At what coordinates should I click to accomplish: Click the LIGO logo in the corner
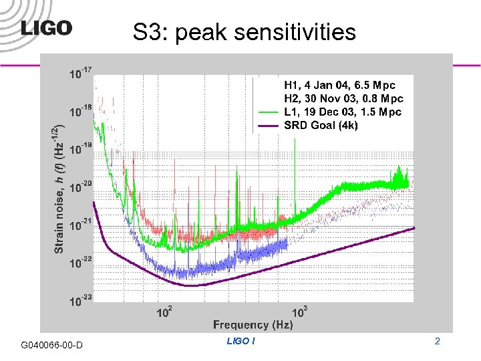pos(46,28)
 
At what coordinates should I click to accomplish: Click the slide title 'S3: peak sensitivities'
pos(244,31)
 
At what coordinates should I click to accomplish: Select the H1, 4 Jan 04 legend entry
pos(339,85)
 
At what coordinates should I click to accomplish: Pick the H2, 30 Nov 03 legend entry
pos(343,98)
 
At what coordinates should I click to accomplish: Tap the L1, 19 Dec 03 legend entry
pos(343,112)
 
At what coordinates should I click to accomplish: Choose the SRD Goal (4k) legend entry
pos(321,125)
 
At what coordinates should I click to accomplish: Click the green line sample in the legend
pos(269,112)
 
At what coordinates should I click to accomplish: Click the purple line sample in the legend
pos(269,125)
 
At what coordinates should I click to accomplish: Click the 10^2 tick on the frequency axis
pos(164,312)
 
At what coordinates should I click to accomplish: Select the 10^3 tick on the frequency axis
pos(299,312)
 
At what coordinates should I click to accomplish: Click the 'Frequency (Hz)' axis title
pos(253,325)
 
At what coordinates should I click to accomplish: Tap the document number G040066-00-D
pos(52,344)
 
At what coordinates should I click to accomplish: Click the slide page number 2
pos(438,342)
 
